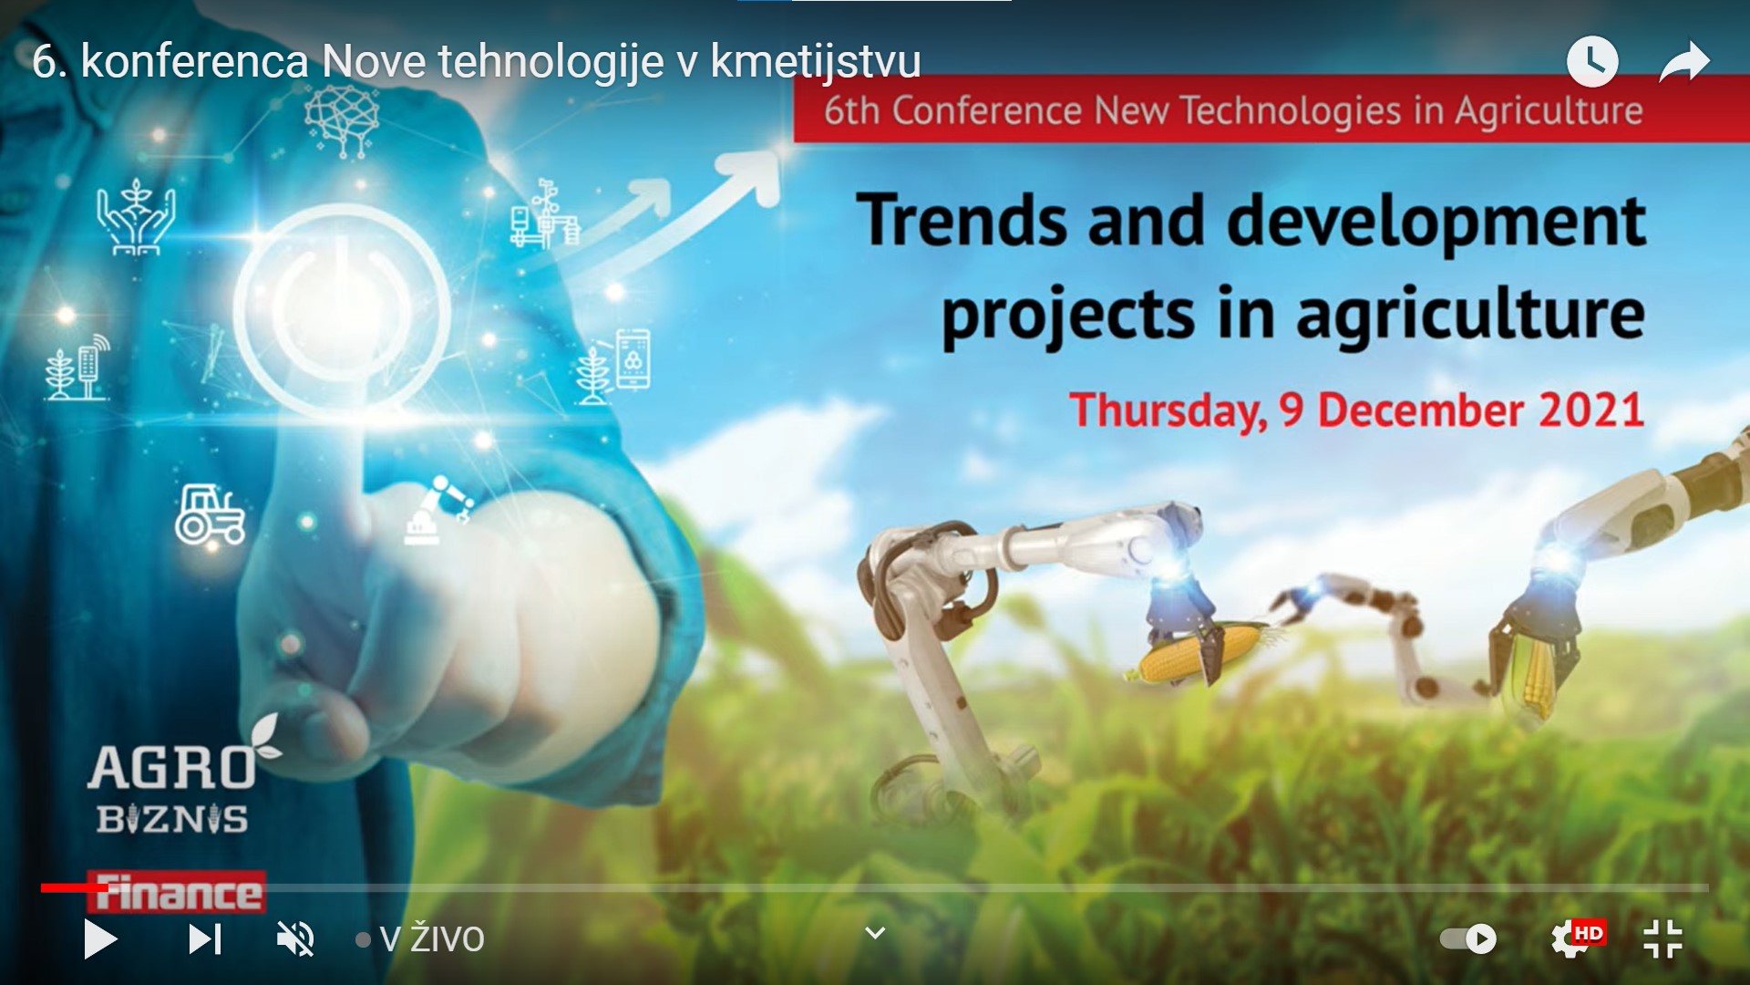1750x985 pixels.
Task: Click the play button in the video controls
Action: [x=100, y=938]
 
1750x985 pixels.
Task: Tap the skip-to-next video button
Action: [x=205, y=938]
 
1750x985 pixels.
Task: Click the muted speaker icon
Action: [x=295, y=938]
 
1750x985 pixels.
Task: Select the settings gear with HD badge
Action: [x=1577, y=938]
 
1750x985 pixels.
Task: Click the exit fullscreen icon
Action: [x=1662, y=938]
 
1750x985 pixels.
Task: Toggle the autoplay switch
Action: [x=1468, y=938]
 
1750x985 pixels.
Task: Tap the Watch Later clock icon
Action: [x=1592, y=62]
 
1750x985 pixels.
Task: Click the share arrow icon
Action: [x=1683, y=62]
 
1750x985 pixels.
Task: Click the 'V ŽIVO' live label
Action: [x=431, y=938]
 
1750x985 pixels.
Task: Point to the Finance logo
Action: [x=176, y=892]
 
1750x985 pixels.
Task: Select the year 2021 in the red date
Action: [x=1591, y=410]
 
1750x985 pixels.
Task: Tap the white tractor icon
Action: [x=210, y=514]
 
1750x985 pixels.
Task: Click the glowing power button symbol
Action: [x=341, y=306]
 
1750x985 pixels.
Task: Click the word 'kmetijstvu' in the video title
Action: [x=816, y=62]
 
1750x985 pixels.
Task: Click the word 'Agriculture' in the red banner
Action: [x=1549, y=111]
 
